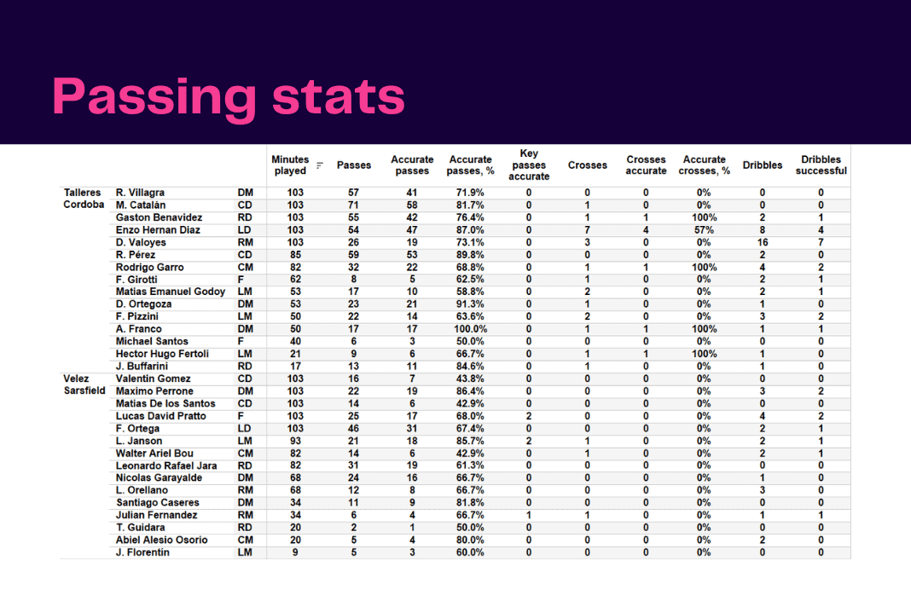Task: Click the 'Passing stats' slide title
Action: click(x=229, y=96)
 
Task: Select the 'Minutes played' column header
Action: click(x=290, y=165)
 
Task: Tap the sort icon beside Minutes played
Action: click(x=320, y=165)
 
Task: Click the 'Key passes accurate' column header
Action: click(x=529, y=165)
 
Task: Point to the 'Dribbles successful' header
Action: click(x=821, y=165)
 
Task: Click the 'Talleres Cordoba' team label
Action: click(x=84, y=199)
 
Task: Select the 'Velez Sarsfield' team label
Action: click(x=84, y=384)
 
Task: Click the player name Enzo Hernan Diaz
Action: click(x=158, y=230)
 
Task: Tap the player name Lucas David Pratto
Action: click(x=161, y=416)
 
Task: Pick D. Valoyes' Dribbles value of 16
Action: click(x=763, y=242)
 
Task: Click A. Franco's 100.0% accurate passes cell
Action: click(x=471, y=329)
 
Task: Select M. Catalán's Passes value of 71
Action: click(x=353, y=205)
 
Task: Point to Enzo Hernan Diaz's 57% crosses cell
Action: click(x=704, y=230)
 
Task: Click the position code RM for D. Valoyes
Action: click(x=245, y=242)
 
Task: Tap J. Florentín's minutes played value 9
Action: click(x=295, y=552)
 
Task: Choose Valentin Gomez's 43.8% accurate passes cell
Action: click(x=470, y=379)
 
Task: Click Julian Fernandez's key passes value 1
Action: click(x=529, y=515)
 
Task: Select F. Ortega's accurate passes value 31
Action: click(x=412, y=429)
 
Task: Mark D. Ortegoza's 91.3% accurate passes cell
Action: click(x=470, y=304)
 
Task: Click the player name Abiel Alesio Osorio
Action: click(x=161, y=541)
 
